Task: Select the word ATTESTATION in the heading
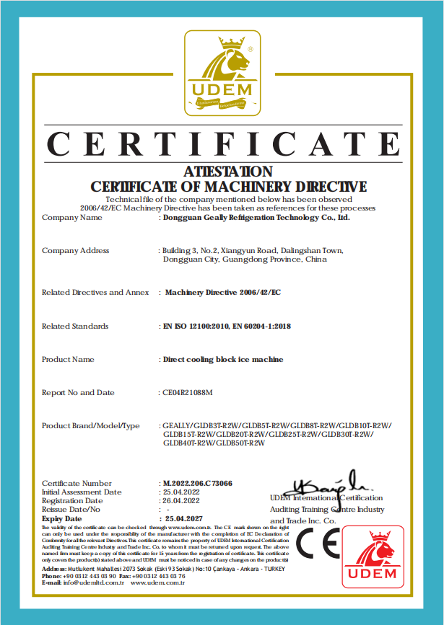pos(228,172)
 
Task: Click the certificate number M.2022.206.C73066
pos(198,483)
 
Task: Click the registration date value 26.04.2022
pos(181,500)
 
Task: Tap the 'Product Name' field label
pos(68,359)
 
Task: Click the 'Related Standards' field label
pos(75,326)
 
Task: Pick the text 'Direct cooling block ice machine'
pos(223,359)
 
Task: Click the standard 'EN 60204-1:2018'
pos(262,326)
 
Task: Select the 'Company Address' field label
pos(76,250)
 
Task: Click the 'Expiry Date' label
pos(62,518)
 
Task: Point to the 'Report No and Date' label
pos(78,392)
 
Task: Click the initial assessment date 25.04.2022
pos(181,492)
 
